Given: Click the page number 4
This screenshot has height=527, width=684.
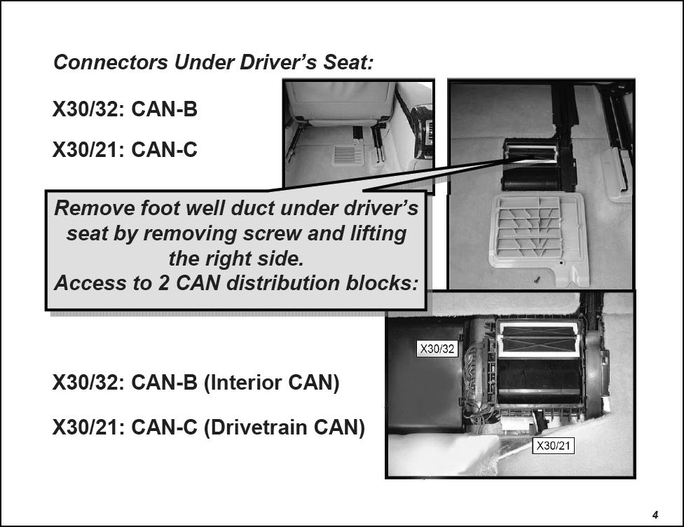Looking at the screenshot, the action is click(655, 515).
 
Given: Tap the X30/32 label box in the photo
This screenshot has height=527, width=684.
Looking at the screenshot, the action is click(437, 348).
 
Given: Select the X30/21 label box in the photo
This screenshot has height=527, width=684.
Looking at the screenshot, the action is click(553, 446).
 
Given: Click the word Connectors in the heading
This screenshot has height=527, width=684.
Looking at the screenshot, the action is click(111, 62).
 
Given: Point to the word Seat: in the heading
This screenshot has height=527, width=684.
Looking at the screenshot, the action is click(348, 62).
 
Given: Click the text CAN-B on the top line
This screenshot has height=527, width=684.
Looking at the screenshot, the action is click(164, 109).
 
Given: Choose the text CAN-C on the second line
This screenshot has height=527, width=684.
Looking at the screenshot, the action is click(164, 150).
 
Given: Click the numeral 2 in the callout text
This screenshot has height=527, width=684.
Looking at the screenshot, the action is click(163, 284).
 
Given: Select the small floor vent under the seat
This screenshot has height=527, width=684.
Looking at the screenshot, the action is click(348, 155).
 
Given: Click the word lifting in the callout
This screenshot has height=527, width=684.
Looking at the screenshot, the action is click(378, 234).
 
